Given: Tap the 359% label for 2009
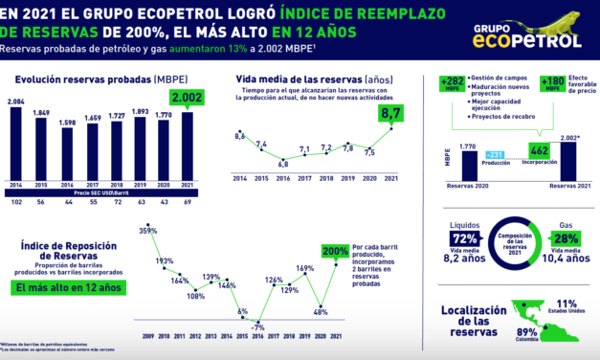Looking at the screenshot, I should click(148, 232).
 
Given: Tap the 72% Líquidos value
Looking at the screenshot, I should click(462, 236).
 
